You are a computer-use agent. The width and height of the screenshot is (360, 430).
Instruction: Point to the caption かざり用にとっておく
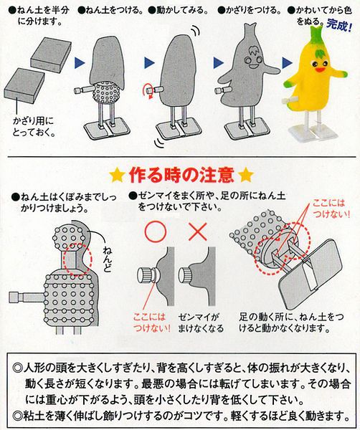35,125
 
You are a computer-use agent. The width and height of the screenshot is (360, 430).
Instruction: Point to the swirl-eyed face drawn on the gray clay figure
254,57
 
